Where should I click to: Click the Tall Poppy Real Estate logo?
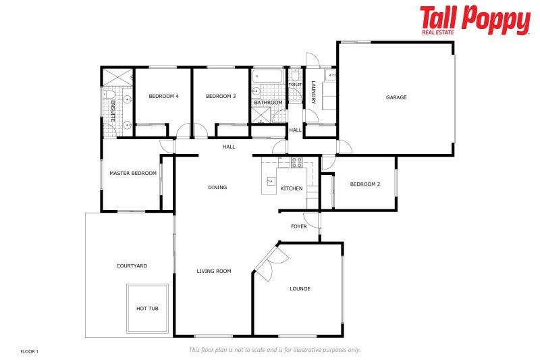(475, 20)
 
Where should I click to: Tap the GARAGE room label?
(396, 97)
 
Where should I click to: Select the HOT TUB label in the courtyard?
(147, 308)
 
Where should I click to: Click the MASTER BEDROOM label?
(133, 173)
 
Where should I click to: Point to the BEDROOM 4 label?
(163, 97)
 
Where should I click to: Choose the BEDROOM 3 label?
(221, 97)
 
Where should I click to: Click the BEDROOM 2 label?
(365, 184)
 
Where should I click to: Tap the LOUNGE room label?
(300, 289)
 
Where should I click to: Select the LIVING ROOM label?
(214, 272)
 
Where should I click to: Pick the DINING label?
(217, 188)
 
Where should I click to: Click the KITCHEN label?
(292, 188)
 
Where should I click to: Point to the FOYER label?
(298, 226)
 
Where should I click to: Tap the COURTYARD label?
(132, 266)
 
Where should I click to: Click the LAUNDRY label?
(314, 92)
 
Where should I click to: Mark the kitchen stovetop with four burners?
(296, 162)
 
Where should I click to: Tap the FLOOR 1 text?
(30, 351)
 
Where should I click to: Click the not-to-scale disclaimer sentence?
(275, 350)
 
